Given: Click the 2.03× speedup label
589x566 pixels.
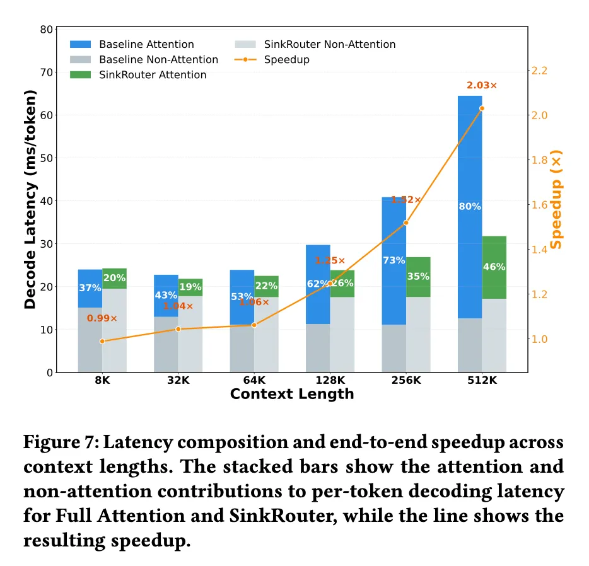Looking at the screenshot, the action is [482, 86].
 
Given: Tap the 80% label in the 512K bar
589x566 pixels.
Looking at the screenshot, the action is [470, 207].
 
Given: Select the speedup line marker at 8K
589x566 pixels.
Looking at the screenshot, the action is [102, 341].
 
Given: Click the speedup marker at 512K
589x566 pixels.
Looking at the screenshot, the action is [482, 108].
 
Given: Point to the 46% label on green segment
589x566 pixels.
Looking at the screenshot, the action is [494, 267].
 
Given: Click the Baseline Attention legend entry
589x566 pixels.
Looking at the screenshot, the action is [132, 44].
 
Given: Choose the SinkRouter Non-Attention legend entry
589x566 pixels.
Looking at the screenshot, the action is [315, 44].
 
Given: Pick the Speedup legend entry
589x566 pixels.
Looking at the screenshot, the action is [272, 60].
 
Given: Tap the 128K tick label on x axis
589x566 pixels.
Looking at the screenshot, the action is [330, 380].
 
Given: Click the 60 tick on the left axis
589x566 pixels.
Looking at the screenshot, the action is [47, 115].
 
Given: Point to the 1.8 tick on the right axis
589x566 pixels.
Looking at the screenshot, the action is [539, 160].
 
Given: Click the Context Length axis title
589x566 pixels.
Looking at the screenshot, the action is [292, 394].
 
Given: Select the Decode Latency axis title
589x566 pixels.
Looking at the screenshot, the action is [30, 200].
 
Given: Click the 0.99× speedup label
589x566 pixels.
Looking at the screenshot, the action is [102, 318].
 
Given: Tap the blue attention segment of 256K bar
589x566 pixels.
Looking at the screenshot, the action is [394, 261].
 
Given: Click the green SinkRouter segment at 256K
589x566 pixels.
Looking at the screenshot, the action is [418, 277].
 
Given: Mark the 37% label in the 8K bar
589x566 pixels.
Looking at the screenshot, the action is [90, 288].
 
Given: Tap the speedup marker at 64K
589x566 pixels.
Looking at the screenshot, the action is [254, 325].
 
